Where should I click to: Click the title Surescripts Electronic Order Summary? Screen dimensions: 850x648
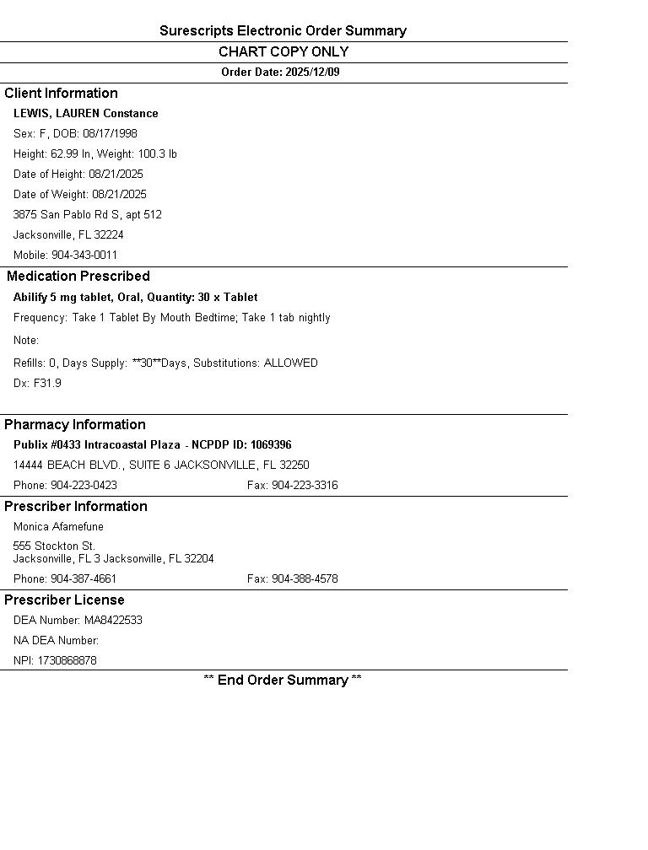283,31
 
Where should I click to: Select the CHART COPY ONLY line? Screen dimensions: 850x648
283,52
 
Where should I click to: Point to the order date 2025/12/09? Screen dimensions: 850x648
312,73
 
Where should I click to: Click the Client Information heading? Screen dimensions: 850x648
61,94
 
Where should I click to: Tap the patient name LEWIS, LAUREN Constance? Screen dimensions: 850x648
85,114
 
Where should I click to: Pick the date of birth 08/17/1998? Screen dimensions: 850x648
110,134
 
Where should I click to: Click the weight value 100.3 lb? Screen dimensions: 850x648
158,154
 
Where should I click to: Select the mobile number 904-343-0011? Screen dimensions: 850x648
84,256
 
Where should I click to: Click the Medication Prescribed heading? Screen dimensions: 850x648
78,277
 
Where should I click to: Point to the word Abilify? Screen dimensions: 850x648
30,298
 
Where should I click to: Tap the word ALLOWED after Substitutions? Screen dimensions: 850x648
291,363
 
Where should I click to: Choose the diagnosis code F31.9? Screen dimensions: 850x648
47,384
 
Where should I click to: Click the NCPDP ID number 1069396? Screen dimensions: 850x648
271,445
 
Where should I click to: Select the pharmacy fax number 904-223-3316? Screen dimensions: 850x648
305,486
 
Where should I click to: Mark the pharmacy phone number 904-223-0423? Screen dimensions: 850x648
84,486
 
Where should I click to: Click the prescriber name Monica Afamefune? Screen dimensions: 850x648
58,527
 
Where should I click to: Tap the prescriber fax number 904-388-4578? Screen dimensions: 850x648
305,579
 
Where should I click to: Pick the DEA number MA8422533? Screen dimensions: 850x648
113,621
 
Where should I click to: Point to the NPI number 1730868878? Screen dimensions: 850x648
67,661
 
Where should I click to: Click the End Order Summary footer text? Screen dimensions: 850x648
283,681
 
